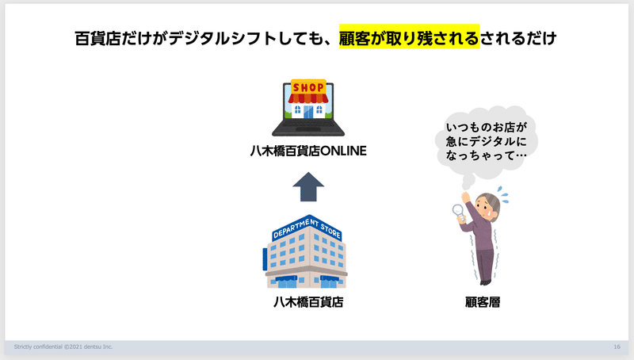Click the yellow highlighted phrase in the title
click(x=409, y=38)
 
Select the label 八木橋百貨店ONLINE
click(x=308, y=151)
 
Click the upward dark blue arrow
click(x=308, y=186)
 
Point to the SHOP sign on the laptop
click(x=308, y=87)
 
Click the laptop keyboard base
click(x=308, y=128)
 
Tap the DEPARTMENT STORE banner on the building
click(x=307, y=228)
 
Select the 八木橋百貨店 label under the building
click(x=308, y=302)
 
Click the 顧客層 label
click(x=483, y=302)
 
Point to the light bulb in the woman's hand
click(x=459, y=213)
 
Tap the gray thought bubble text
click(x=486, y=141)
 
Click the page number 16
click(x=617, y=347)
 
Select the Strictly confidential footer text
click(x=63, y=347)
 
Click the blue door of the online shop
click(x=308, y=112)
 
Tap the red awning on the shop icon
click(x=308, y=98)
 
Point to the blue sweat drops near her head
click(x=503, y=195)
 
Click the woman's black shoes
click(x=485, y=282)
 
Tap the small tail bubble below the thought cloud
click(x=468, y=182)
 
